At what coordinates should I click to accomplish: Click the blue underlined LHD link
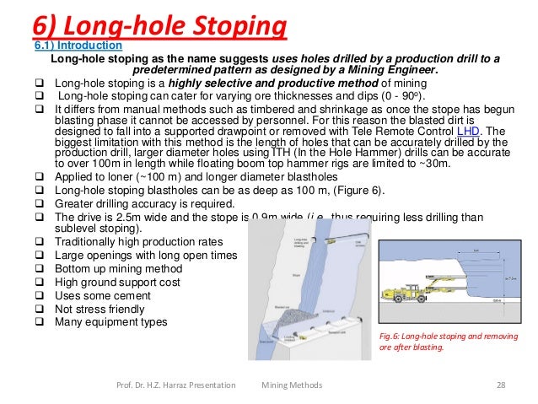(x=465, y=132)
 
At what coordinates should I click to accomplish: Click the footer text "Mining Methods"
(x=291, y=385)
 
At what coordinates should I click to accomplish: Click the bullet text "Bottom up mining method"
(x=122, y=267)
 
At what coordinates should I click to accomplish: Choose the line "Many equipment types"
(x=110, y=321)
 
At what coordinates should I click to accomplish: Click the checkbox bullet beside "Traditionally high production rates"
(x=39, y=241)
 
